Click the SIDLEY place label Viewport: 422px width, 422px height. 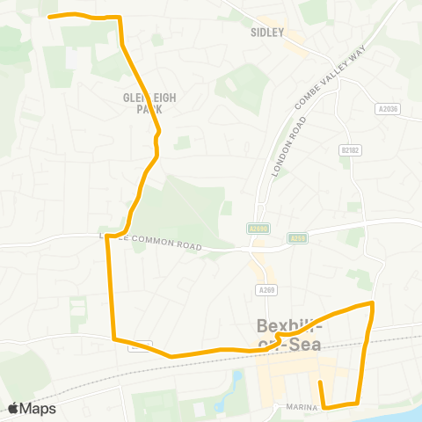coord(269,33)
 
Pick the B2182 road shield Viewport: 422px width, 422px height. coord(349,150)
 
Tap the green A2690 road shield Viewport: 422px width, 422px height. coord(254,228)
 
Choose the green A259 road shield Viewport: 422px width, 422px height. coord(298,237)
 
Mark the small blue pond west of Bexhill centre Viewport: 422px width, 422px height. coord(236,381)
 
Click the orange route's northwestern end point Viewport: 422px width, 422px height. coord(48,16)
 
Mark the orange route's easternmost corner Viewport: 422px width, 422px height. coord(373,304)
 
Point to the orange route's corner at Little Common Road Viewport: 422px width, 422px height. coord(108,236)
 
